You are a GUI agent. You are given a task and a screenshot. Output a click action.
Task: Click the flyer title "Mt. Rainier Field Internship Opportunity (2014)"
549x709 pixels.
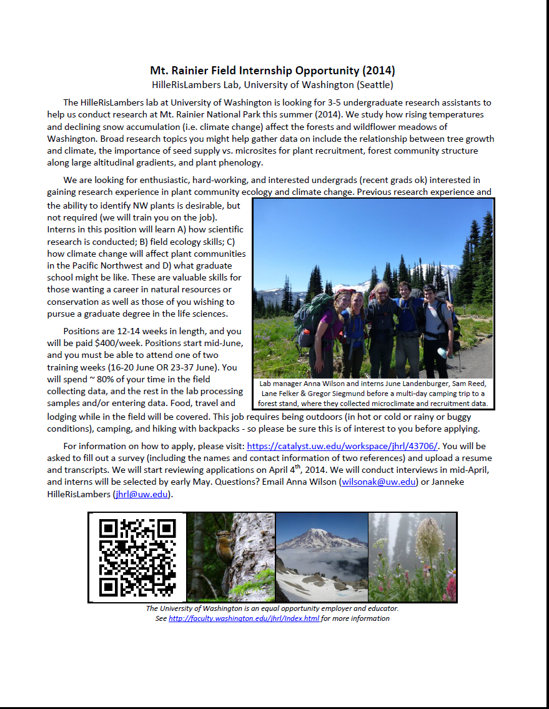pyautogui.click(x=272, y=71)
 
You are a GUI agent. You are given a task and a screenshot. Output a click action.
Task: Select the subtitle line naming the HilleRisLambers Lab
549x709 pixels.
pyautogui.click(x=272, y=84)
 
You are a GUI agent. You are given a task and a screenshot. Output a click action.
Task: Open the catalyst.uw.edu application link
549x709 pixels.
pyautogui.click(x=342, y=446)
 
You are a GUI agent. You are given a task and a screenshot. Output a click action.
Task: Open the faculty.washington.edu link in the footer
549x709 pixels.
pyautogui.click(x=244, y=618)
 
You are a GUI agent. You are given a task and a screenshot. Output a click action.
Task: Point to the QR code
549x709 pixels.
pyautogui.click(x=137, y=557)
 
